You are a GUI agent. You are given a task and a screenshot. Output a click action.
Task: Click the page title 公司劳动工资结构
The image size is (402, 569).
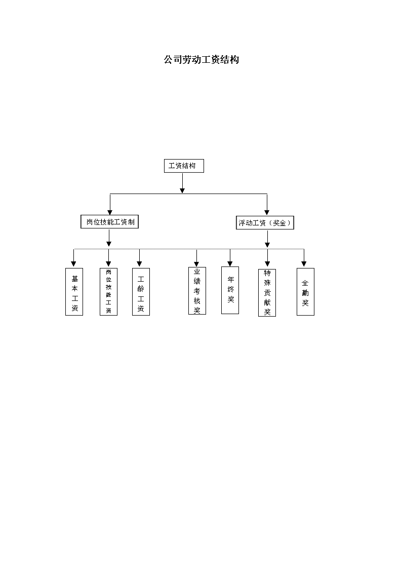201,59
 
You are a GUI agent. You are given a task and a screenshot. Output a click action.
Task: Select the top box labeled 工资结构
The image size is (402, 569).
184,166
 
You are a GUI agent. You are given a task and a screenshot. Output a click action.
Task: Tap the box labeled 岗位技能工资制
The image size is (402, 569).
109,222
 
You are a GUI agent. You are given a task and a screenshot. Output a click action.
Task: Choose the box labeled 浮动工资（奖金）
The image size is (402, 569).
265,223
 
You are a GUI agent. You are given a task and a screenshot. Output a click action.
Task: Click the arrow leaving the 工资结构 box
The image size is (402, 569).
182,183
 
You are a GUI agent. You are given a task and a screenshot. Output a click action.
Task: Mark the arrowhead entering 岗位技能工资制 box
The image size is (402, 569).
110,212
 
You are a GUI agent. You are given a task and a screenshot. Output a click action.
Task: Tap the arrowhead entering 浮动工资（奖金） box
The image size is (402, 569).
267,212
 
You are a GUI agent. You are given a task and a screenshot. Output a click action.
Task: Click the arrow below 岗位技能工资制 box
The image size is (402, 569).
109,238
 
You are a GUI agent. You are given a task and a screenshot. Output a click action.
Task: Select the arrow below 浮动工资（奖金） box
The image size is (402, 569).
267,239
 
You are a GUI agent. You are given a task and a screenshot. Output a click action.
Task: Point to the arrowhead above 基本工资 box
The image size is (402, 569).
73,264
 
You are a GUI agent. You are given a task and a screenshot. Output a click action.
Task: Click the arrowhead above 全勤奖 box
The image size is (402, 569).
304,264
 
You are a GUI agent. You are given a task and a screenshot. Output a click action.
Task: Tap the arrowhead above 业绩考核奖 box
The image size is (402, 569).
196,263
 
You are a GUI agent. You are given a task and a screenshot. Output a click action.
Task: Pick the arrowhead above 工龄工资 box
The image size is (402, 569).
139,264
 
